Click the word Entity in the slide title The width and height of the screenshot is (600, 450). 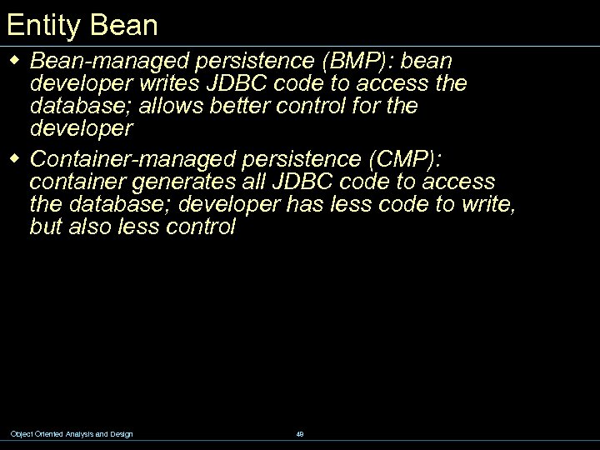pyautogui.click(x=39, y=25)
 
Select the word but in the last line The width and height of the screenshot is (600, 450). pyautogui.click(x=46, y=227)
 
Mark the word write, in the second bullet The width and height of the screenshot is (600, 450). pyautogui.click(x=483, y=204)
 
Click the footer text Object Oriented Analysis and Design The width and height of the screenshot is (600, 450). pyautogui.click(x=72, y=433)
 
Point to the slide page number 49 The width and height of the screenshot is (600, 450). pyautogui.click(x=300, y=433)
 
